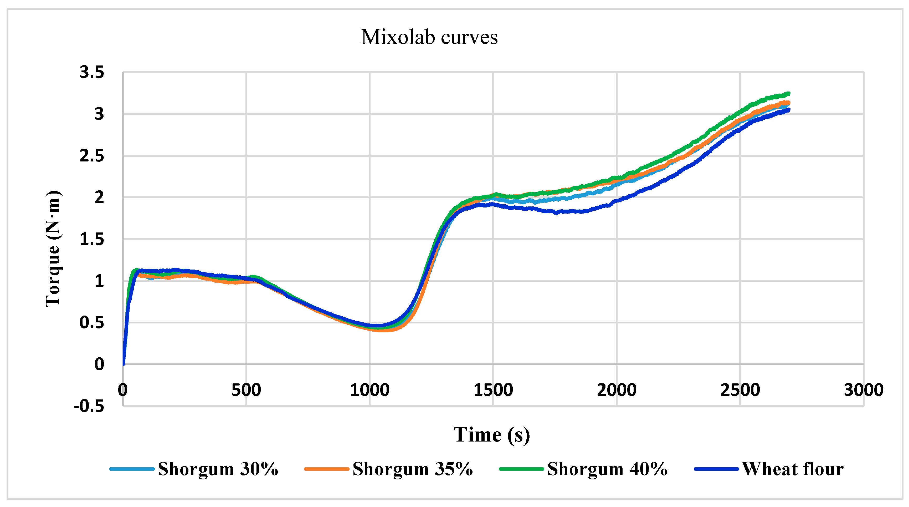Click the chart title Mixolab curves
click(429, 37)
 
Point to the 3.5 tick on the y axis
click(92, 72)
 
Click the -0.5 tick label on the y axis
click(89, 406)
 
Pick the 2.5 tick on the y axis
click(92, 156)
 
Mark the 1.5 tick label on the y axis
click(92, 239)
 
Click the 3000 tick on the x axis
click(863, 390)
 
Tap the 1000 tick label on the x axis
click(369, 390)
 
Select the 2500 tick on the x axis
click(740, 390)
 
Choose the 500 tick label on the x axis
click(246, 390)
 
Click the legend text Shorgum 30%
click(218, 469)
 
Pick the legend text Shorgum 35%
click(413, 469)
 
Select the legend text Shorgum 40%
click(607, 469)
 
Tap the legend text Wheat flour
click(793, 469)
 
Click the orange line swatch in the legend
click(326, 469)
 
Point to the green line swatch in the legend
click(521, 469)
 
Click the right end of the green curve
click(788, 94)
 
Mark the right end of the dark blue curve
click(788, 110)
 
